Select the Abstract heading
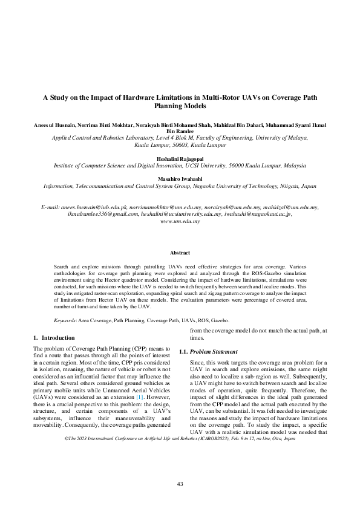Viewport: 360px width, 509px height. point(180,253)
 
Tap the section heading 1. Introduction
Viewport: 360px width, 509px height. point(54,337)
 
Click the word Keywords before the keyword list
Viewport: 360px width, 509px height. point(64,320)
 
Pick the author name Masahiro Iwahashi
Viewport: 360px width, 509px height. point(180,180)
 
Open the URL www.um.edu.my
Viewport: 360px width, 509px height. point(180,221)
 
